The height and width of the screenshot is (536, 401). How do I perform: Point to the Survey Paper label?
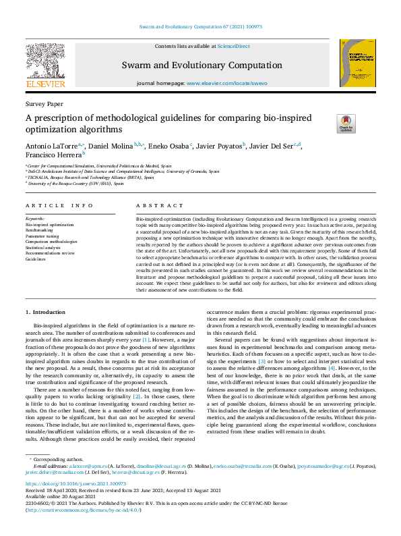pyautogui.click(x=44, y=105)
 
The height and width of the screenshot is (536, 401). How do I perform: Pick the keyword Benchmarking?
pyautogui.click(x=39, y=230)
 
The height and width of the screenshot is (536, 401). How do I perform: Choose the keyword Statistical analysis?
pyautogui.click(x=43, y=247)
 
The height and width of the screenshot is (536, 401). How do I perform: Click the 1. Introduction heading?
pyautogui.click(x=45, y=312)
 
